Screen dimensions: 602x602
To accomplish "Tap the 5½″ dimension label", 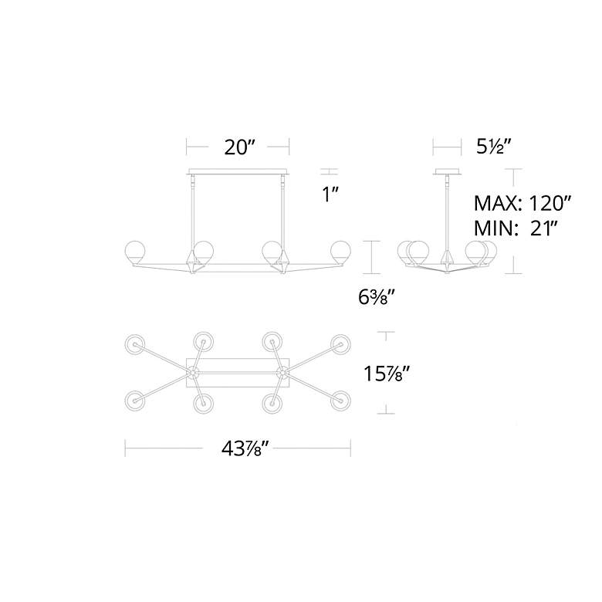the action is (494, 147).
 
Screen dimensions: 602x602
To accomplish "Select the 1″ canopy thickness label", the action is (330, 194).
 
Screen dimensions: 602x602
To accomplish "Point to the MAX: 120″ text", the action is (523, 204).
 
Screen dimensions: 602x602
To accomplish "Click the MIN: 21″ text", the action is (516, 228).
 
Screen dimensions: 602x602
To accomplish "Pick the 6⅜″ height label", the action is (374, 297).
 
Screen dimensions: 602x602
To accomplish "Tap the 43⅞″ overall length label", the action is (244, 448).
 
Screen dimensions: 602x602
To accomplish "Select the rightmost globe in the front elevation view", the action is (340, 252).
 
